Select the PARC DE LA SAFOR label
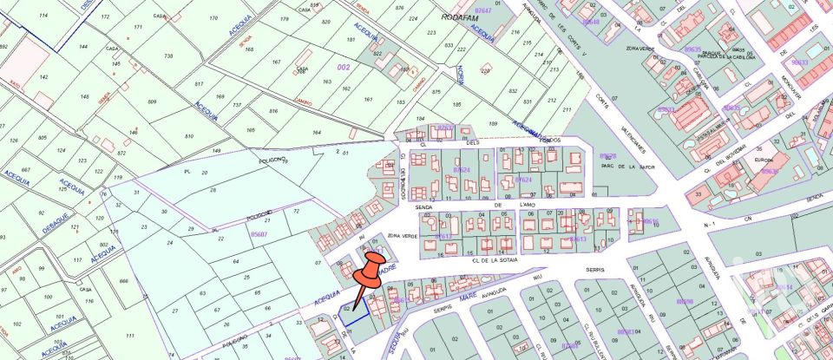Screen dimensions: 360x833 click(x=620, y=168)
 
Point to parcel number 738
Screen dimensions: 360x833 click(x=168, y=55)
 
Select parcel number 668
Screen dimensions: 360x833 click(x=123, y=281)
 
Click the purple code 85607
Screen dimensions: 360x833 click(x=259, y=233)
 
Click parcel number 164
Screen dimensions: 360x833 click(x=317, y=132)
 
